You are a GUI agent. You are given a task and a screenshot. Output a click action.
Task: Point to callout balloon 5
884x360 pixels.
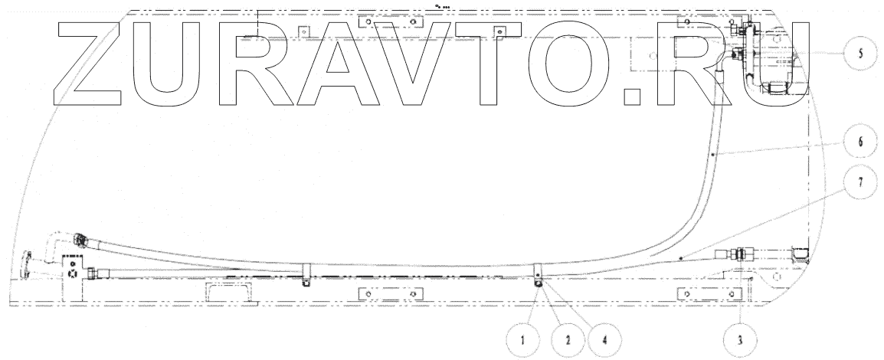click(860, 54)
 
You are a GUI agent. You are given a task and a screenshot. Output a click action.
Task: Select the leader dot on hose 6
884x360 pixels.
click(712, 155)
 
